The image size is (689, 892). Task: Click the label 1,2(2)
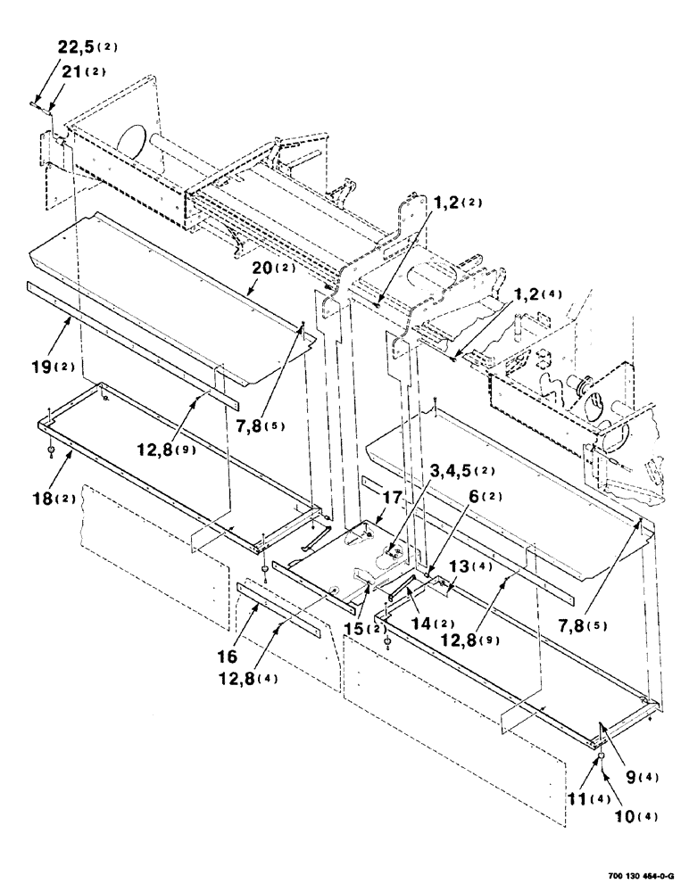point(456,203)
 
